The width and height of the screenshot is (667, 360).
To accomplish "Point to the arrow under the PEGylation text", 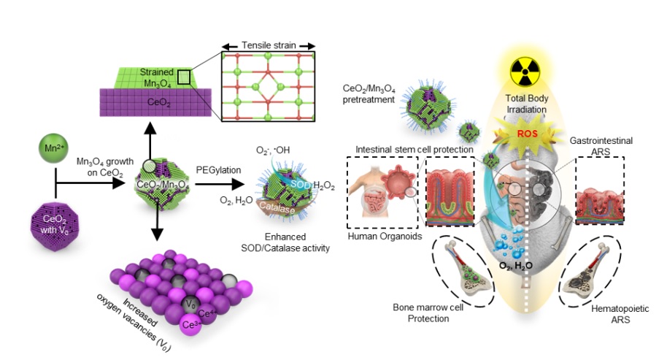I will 219,187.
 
